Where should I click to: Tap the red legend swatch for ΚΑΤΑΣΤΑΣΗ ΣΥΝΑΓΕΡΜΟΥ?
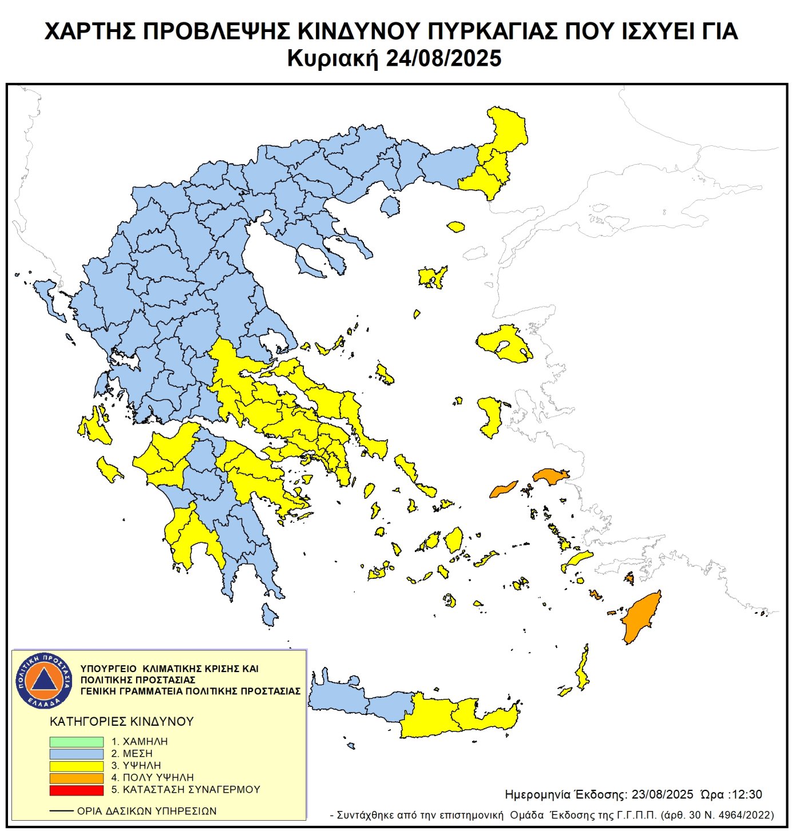pyautogui.click(x=76, y=790)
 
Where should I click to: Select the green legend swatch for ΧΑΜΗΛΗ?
pyautogui.click(x=76, y=741)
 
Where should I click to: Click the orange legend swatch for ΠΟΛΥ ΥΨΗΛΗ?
pyautogui.click(x=76, y=778)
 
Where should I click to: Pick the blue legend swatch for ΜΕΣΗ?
pyautogui.click(x=76, y=754)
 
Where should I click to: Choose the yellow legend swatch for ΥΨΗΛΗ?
pyautogui.click(x=76, y=766)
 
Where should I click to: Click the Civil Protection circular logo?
pyautogui.click(x=43, y=680)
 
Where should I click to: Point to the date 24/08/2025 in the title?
pyautogui.click(x=443, y=58)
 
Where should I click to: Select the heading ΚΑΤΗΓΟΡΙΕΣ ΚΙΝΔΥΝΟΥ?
pyautogui.click(x=122, y=721)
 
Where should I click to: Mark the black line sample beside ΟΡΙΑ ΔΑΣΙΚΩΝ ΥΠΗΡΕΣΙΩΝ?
pyautogui.click(x=61, y=811)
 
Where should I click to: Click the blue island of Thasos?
pyautogui.click(x=390, y=206)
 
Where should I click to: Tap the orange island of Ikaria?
pyautogui.click(x=503, y=490)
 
